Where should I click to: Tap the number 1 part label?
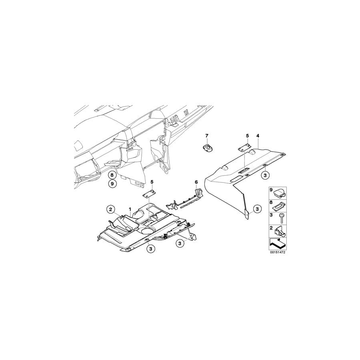point(130,209)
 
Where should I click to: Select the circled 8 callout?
point(112,175)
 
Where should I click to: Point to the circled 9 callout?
point(112,184)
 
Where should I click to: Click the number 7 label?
point(207,136)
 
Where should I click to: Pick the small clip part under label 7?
point(208,148)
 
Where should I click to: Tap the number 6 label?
point(196,182)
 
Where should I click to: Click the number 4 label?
point(258,136)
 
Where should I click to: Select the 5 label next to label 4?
point(247,136)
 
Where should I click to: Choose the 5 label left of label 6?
point(152,182)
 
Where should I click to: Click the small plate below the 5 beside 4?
point(244,148)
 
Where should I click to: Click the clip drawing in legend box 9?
point(280,193)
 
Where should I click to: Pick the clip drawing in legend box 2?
point(281,231)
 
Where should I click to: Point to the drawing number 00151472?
point(277,253)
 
